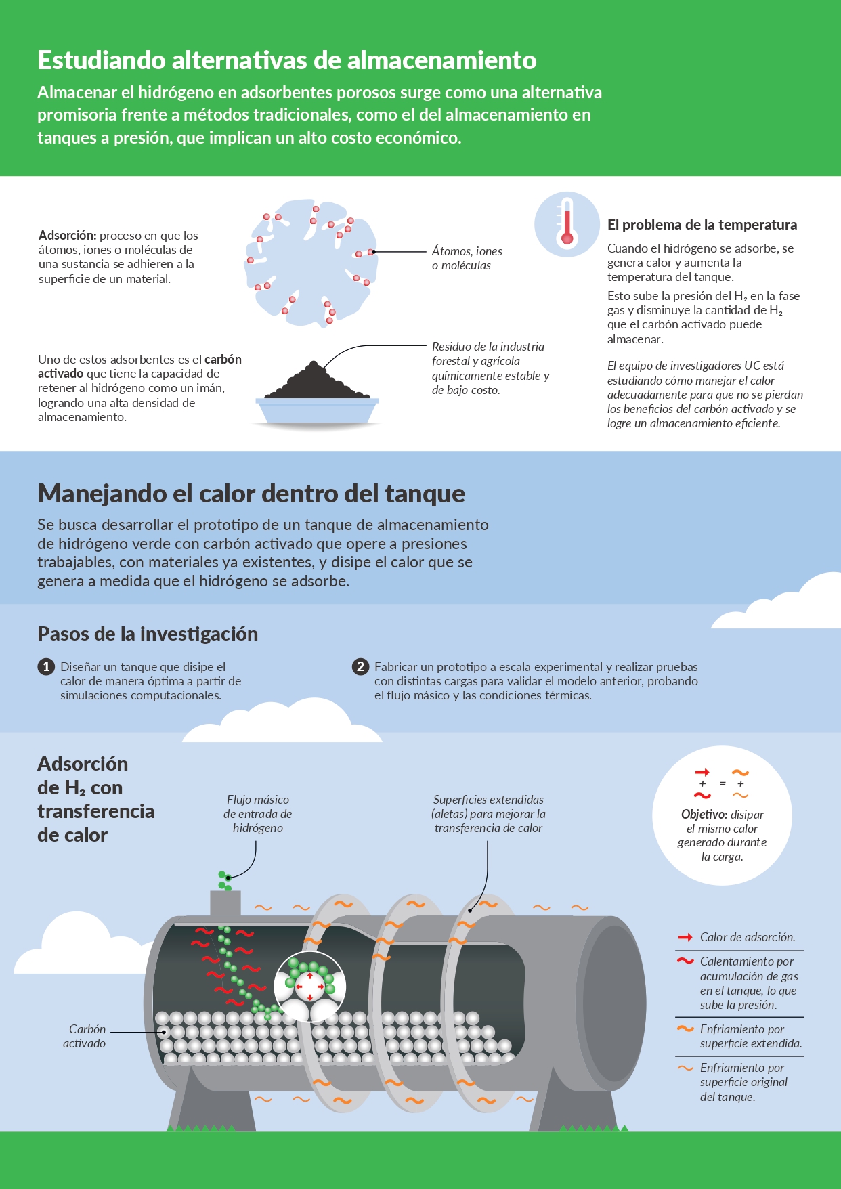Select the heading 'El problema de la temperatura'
pyautogui.click(x=702, y=225)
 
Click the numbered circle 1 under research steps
pyautogui.click(x=46, y=667)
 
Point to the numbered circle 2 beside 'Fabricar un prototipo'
pyautogui.click(x=360, y=667)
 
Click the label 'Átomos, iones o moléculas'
pyautogui.click(x=467, y=258)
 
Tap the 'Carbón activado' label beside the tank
pyautogui.click(x=85, y=1036)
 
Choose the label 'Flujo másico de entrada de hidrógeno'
pyautogui.click(x=258, y=814)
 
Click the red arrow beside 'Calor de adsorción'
pyautogui.click(x=685, y=937)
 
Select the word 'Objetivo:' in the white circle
pyautogui.click(x=704, y=815)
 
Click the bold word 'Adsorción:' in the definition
pyautogui.click(x=68, y=236)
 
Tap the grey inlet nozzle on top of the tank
pyautogui.click(x=225, y=903)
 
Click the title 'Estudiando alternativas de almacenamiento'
pyautogui.click(x=287, y=60)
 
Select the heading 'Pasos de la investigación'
pyautogui.click(x=148, y=634)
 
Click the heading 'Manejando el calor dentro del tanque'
pyautogui.click(x=251, y=494)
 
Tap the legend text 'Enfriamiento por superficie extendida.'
pyautogui.click(x=751, y=1036)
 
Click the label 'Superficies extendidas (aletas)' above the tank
pyautogui.click(x=489, y=814)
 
